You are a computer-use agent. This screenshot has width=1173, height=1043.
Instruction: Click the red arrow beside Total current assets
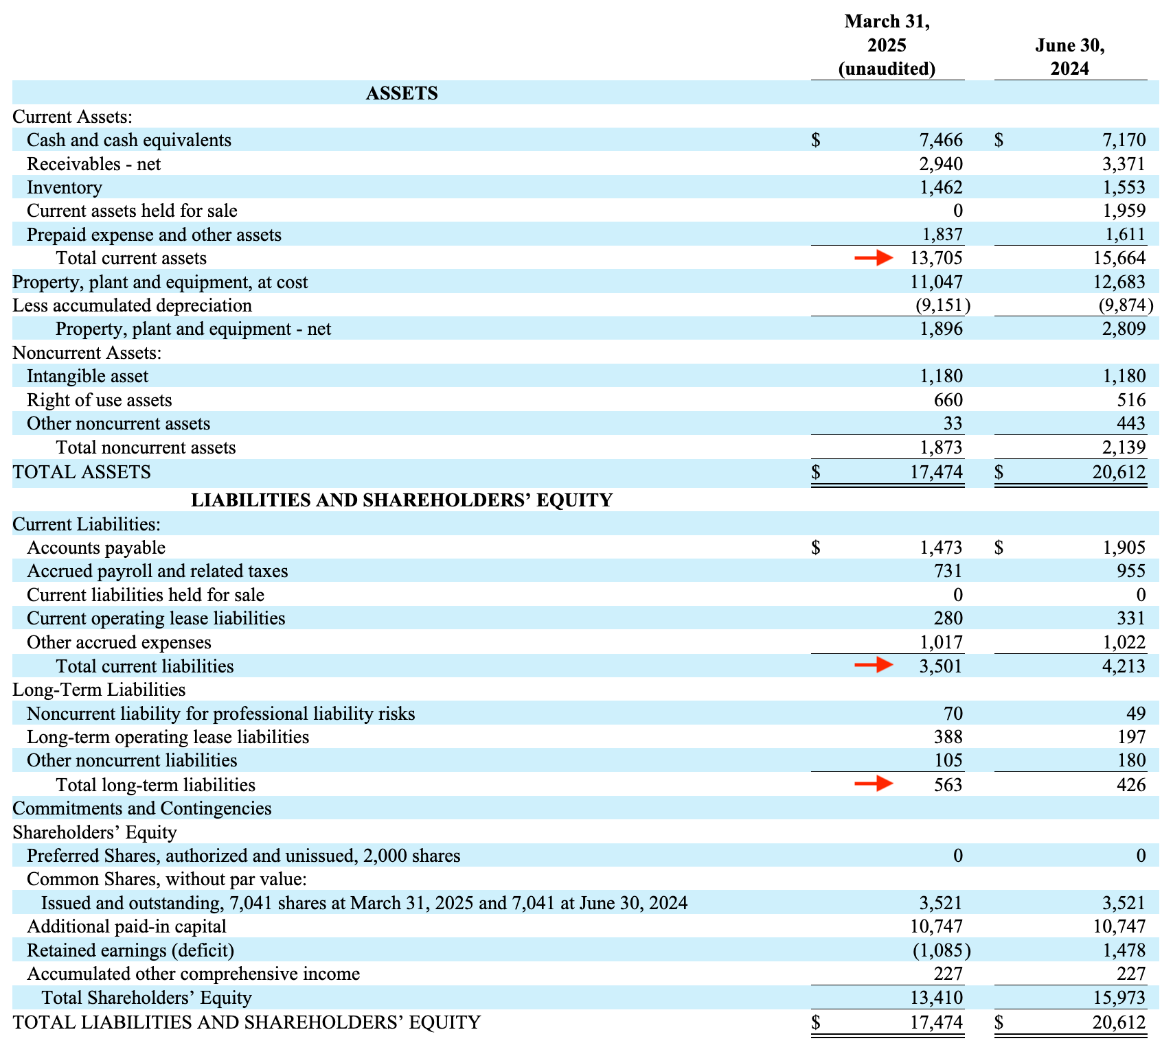(873, 258)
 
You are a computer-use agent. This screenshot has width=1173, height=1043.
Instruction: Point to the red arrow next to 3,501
(873, 665)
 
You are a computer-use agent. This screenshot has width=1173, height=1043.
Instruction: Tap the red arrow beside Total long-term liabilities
(873, 784)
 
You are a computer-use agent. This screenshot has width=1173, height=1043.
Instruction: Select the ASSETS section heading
(402, 93)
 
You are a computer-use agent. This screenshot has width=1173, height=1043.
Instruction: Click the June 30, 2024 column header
(1069, 57)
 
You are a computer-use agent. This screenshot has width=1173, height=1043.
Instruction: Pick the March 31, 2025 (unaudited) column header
(887, 45)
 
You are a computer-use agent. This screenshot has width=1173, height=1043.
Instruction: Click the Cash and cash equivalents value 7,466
(941, 140)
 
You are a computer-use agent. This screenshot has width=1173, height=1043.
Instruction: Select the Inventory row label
(65, 187)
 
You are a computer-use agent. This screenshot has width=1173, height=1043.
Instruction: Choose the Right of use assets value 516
(1130, 400)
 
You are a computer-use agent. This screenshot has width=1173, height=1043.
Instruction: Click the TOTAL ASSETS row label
(82, 472)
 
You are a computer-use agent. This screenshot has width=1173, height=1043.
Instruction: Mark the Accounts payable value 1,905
(1124, 548)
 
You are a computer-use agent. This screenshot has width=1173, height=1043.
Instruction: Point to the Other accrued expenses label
(119, 642)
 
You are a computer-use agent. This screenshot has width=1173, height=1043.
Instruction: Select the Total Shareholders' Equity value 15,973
(1119, 998)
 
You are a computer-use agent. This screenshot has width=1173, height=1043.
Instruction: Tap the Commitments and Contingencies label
(142, 808)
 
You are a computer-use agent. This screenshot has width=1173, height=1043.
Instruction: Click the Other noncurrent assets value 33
(953, 423)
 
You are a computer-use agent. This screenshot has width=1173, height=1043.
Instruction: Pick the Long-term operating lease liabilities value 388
(948, 737)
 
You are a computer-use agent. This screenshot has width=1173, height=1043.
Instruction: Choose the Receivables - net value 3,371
(1124, 164)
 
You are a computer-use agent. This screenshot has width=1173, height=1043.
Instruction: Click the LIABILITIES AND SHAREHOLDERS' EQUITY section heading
(402, 500)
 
